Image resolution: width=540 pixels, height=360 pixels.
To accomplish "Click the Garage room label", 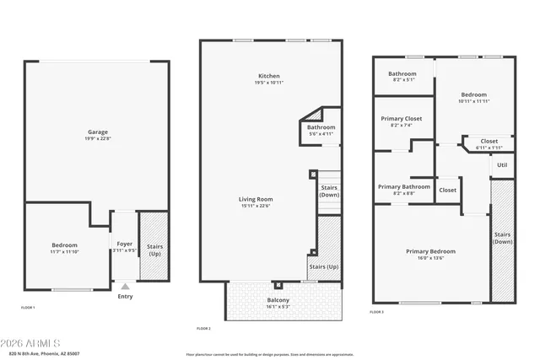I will point(98,132).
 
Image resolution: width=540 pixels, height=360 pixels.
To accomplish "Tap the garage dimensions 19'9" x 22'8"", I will point(98,139).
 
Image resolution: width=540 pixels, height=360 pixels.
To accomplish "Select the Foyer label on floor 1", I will point(124,244).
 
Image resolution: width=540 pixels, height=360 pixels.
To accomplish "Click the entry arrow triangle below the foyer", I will point(125,287).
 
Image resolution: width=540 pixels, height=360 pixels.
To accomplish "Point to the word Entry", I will point(125,296).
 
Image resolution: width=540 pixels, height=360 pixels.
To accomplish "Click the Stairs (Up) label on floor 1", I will point(155,250).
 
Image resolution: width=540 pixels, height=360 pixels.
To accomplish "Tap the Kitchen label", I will point(269,76).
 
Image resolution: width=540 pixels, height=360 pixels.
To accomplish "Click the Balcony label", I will point(278,301).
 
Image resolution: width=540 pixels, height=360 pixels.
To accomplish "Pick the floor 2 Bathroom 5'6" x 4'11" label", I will point(321,127).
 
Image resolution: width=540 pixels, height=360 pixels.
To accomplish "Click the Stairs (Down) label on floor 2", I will point(328,191).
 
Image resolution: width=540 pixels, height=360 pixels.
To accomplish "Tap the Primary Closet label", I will point(402,119).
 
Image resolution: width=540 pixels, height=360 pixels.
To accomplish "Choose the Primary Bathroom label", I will point(403,186).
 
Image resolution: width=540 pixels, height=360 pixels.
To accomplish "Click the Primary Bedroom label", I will point(430,251).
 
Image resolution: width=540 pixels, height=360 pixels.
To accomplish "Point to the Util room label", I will point(502,165).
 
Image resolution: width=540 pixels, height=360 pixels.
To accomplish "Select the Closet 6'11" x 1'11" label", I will point(489,142).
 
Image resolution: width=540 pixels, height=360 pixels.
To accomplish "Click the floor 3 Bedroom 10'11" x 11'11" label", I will point(474,94).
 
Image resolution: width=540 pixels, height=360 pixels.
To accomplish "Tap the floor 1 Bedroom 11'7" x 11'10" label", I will point(65,244).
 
